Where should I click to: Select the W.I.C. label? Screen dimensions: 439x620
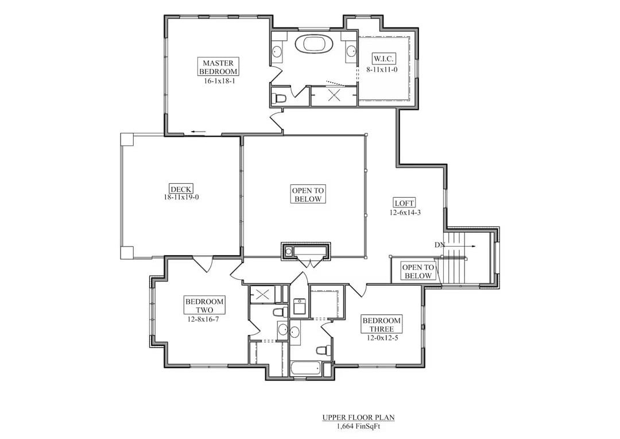(x=383, y=59)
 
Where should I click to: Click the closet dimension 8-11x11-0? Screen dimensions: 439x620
(x=382, y=69)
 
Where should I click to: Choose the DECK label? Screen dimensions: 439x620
(x=181, y=188)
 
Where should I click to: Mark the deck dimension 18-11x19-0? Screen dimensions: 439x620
(x=181, y=197)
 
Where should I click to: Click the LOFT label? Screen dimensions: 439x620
(x=404, y=203)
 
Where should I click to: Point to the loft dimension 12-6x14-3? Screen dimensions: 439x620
(x=404, y=212)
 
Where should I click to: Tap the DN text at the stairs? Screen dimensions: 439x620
(x=440, y=245)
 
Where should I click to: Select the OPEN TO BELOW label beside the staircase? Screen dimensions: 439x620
(x=417, y=272)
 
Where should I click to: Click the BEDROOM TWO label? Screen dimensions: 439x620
(x=204, y=306)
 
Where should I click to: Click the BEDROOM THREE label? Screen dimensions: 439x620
(x=381, y=325)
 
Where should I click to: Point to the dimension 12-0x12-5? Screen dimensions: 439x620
(x=381, y=338)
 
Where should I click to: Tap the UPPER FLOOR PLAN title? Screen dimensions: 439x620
(x=358, y=418)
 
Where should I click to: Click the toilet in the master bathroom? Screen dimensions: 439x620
(x=280, y=98)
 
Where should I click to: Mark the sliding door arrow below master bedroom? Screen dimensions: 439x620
(x=199, y=132)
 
